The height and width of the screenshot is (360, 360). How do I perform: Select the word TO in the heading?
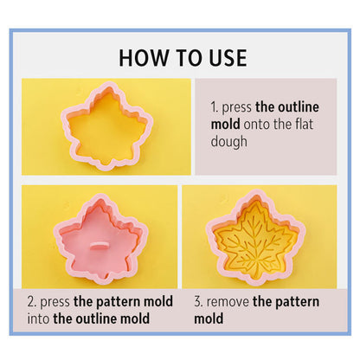[x=189, y=58]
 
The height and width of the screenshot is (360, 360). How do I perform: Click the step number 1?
[x=215, y=107]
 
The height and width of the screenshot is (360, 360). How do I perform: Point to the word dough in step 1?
[x=229, y=142]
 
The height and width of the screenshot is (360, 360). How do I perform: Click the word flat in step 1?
[x=304, y=124]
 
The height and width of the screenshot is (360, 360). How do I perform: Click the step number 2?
[x=32, y=302]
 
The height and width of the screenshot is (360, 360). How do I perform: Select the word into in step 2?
[x=38, y=318]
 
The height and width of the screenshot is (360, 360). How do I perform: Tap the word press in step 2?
[x=55, y=303]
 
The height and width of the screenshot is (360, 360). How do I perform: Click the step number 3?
[x=198, y=302]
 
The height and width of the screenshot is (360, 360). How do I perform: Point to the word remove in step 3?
[x=228, y=302]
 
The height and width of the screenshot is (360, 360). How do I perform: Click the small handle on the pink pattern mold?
[x=99, y=245]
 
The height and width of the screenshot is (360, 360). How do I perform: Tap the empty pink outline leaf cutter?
[x=107, y=125]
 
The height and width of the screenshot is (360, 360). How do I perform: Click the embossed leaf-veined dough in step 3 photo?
[x=254, y=240]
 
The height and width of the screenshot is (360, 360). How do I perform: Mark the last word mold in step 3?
[x=209, y=318]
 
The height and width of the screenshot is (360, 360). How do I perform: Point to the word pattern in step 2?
[x=118, y=303]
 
